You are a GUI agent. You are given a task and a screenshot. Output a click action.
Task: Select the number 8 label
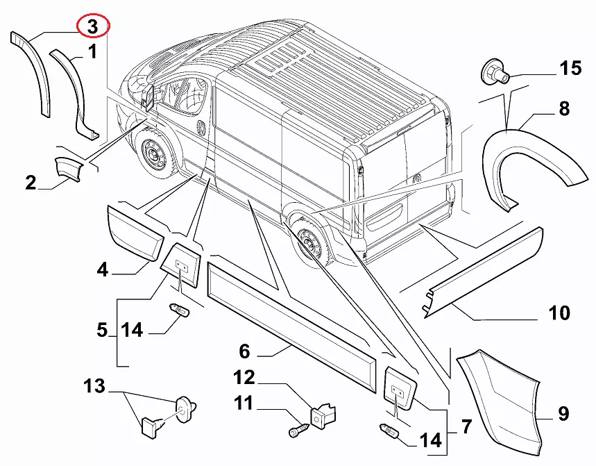[x=563, y=108]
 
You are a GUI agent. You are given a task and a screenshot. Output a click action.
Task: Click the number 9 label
[x=563, y=415]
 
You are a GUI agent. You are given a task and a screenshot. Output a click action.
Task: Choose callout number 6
[x=244, y=351]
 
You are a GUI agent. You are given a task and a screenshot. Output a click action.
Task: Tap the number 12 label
[x=244, y=378]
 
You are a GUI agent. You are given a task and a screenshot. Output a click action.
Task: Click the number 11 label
[x=244, y=403]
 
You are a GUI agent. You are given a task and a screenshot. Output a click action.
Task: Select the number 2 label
[x=31, y=183]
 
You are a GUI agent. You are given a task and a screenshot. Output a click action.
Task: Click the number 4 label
[x=103, y=269]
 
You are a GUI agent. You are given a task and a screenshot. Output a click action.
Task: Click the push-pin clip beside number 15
[x=493, y=71]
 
